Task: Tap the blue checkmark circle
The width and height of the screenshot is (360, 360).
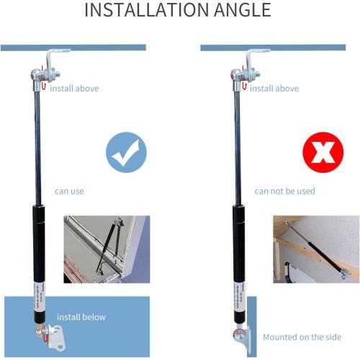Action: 126,151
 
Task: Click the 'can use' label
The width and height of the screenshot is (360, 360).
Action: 70,192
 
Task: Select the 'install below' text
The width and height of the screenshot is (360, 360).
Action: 81,317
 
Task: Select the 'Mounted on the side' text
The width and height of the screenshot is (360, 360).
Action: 302,337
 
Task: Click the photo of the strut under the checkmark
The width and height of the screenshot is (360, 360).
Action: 106,248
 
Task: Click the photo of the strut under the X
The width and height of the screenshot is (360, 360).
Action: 316,248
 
